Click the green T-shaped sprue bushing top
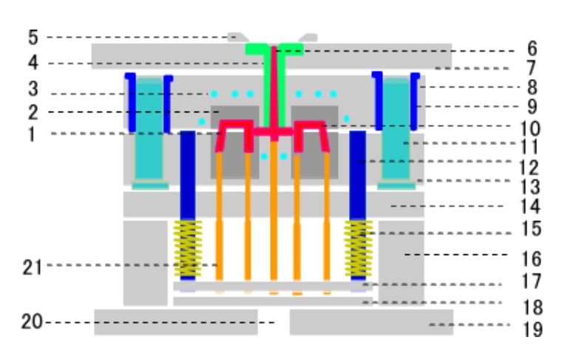(x=274, y=50)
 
